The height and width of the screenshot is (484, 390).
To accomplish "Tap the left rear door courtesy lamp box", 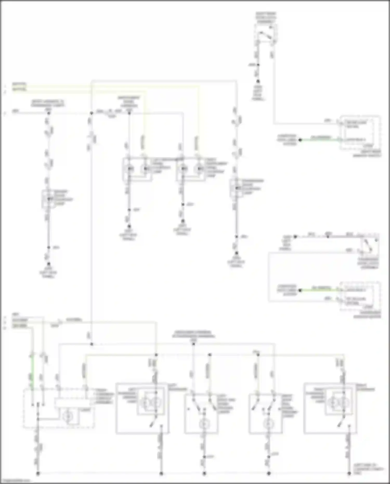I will [137, 169].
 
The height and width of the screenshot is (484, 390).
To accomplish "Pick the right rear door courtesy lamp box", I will [191, 169].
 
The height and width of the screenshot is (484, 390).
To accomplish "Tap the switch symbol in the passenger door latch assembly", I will [369, 246].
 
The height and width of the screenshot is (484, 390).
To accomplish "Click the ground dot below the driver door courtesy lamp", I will [49, 264].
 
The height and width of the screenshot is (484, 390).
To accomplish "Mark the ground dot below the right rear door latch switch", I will [258, 81].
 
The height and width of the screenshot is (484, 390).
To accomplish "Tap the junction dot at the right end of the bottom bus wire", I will [349, 474].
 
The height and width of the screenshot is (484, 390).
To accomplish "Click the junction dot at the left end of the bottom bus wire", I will [38, 474].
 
